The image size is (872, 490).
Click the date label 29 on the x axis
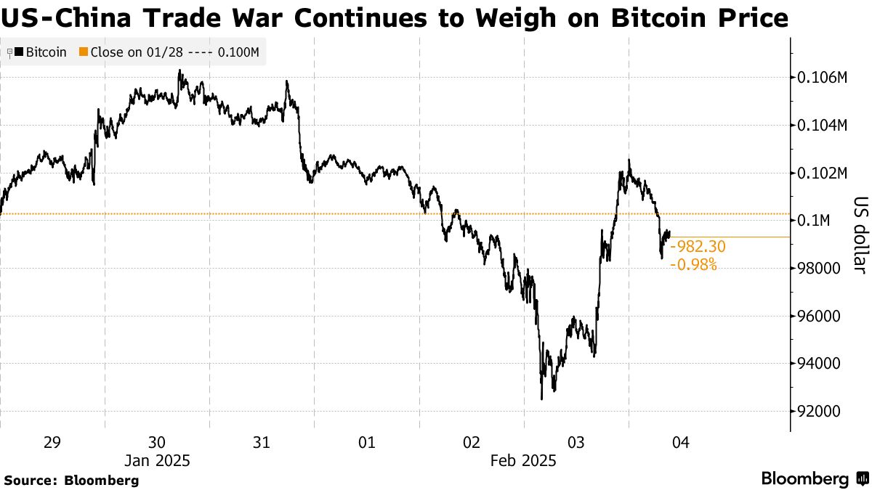(x=52, y=443)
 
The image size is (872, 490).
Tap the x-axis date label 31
(x=262, y=443)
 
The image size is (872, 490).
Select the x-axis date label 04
(x=681, y=443)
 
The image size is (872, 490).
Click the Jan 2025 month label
(x=157, y=461)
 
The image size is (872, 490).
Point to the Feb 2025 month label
(x=523, y=461)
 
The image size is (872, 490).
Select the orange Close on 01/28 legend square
(x=84, y=52)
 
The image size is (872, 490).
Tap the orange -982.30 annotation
(x=697, y=248)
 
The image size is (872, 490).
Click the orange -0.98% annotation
(x=693, y=265)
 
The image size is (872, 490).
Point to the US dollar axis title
(x=860, y=235)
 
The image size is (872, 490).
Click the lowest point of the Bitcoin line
(x=541, y=399)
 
